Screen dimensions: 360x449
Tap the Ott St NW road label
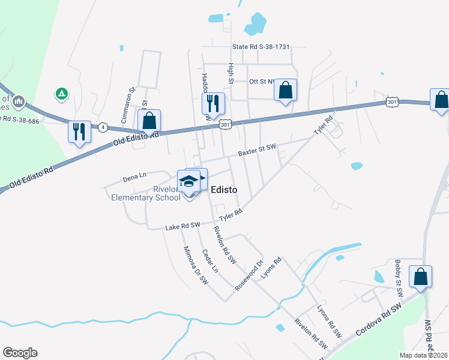262,81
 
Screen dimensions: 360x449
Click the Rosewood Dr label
249,275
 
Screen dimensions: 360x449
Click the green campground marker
61,94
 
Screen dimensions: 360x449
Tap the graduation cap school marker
188,181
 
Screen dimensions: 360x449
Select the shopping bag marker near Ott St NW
286,91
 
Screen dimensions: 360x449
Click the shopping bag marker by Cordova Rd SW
420,277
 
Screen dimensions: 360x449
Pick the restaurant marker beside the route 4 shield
79,132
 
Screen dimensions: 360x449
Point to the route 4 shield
103,127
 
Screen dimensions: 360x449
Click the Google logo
20,353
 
